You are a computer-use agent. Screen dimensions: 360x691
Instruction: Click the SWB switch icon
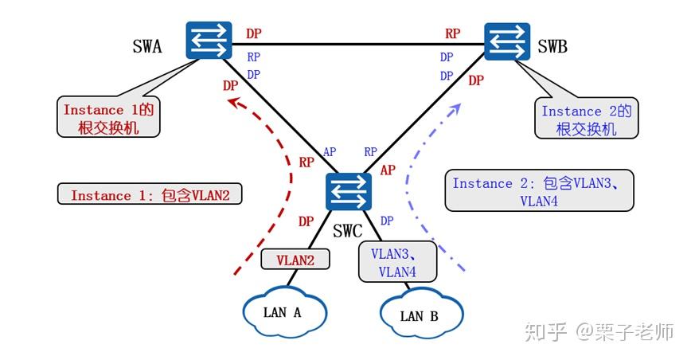508,41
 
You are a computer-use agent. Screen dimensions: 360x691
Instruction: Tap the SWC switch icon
349,193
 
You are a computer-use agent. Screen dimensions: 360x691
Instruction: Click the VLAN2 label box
295,259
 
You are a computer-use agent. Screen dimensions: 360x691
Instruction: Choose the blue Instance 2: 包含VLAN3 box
539,190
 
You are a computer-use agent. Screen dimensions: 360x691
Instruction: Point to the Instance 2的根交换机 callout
586,119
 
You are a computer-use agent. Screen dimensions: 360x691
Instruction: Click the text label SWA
147,46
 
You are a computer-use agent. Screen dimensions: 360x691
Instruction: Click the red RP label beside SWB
452,33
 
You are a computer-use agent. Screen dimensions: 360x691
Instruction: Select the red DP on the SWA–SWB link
253,33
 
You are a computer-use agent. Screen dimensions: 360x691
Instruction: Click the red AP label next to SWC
388,170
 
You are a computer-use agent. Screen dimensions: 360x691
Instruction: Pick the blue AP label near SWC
329,152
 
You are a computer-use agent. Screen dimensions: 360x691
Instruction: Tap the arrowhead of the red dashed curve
232,102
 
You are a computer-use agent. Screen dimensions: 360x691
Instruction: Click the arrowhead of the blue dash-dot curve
458,106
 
